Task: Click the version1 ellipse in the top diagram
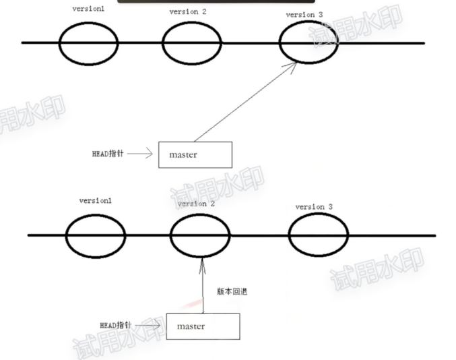tap(88, 43)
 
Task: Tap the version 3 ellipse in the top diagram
tap(309, 42)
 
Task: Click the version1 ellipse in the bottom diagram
tap(95, 235)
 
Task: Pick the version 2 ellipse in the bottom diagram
tap(200, 235)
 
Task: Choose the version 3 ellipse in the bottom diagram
tap(319, 235)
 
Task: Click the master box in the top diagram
tap(195, 154)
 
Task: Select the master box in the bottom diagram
tap(203, 326)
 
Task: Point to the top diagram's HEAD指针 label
tap(108, 154)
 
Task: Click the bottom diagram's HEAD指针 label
tap(116, 325)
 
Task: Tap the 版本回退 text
tap(232, 292)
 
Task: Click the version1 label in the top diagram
tap(88, 9)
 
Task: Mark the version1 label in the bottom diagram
tap(96, 200)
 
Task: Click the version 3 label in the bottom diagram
tap(314, 206)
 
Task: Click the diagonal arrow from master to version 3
tap(246, 101)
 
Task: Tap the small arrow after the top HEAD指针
tap(141, 154)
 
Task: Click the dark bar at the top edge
tap(216, 2)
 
